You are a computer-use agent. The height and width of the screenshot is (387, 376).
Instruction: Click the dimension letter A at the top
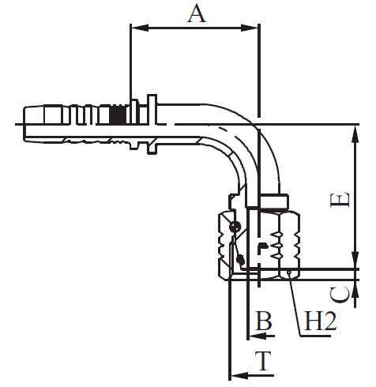[x=195, y=14]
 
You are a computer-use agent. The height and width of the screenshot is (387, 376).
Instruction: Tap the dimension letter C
[x=340, y=295]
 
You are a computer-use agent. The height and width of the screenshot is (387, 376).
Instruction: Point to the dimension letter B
[x=263, y=321]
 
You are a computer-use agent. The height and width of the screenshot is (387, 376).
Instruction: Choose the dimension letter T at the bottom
[x=263, y=360]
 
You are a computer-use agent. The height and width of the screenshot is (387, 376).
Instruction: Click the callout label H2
[x=320, y=321]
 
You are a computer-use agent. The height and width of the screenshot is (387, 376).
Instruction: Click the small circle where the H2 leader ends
[x=291, y=272]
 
